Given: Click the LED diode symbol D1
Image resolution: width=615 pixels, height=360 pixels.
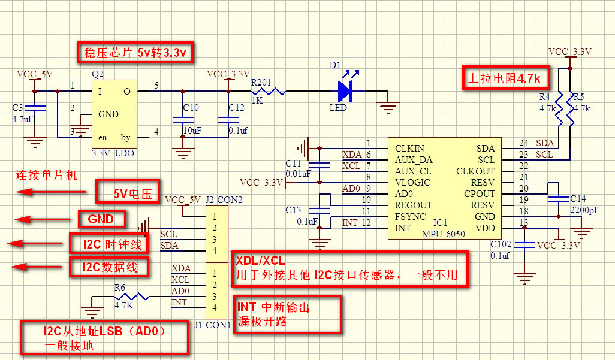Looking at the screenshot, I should pos(344,92).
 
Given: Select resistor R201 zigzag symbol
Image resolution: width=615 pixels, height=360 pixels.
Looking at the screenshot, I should pos(269,92).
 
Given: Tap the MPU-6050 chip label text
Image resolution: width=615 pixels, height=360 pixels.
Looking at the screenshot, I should pos(443,234).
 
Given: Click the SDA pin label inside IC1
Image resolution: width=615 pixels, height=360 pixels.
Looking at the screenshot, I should pos(485,149).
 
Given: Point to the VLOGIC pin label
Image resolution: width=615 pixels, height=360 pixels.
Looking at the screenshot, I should pos(414,183).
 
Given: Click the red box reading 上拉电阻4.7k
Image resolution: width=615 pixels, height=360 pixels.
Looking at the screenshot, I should pos(505,78).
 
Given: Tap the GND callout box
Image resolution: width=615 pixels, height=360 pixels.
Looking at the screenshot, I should pos(101,219).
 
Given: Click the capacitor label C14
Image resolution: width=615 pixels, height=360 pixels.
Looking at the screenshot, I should pos(578,198).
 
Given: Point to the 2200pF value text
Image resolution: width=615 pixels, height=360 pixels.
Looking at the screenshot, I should pos(583,210).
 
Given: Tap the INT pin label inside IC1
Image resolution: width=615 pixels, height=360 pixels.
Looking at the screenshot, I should pos(402,228).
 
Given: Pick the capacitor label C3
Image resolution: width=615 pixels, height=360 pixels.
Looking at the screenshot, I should pos(18,108).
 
